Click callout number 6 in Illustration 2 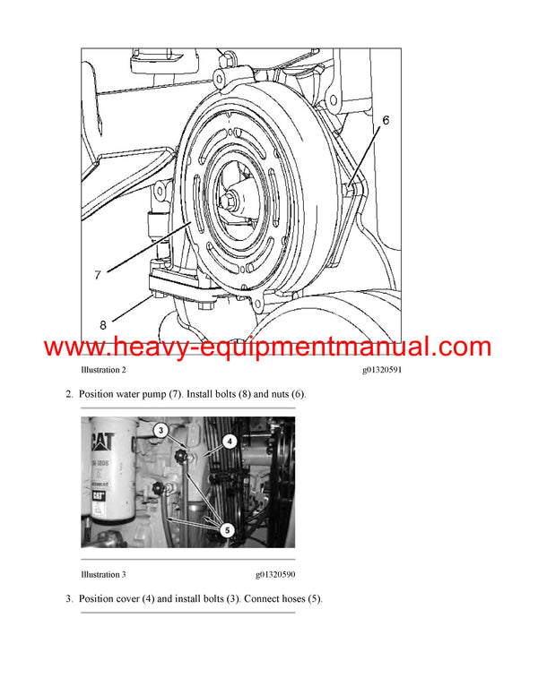pos(386,119)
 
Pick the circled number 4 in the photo pos(229,441)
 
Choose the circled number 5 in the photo pos(228,530)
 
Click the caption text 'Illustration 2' pos(103,370)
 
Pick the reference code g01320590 pos(278,574)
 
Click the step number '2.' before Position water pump pos(70,393)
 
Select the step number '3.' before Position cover pos(70,598)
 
